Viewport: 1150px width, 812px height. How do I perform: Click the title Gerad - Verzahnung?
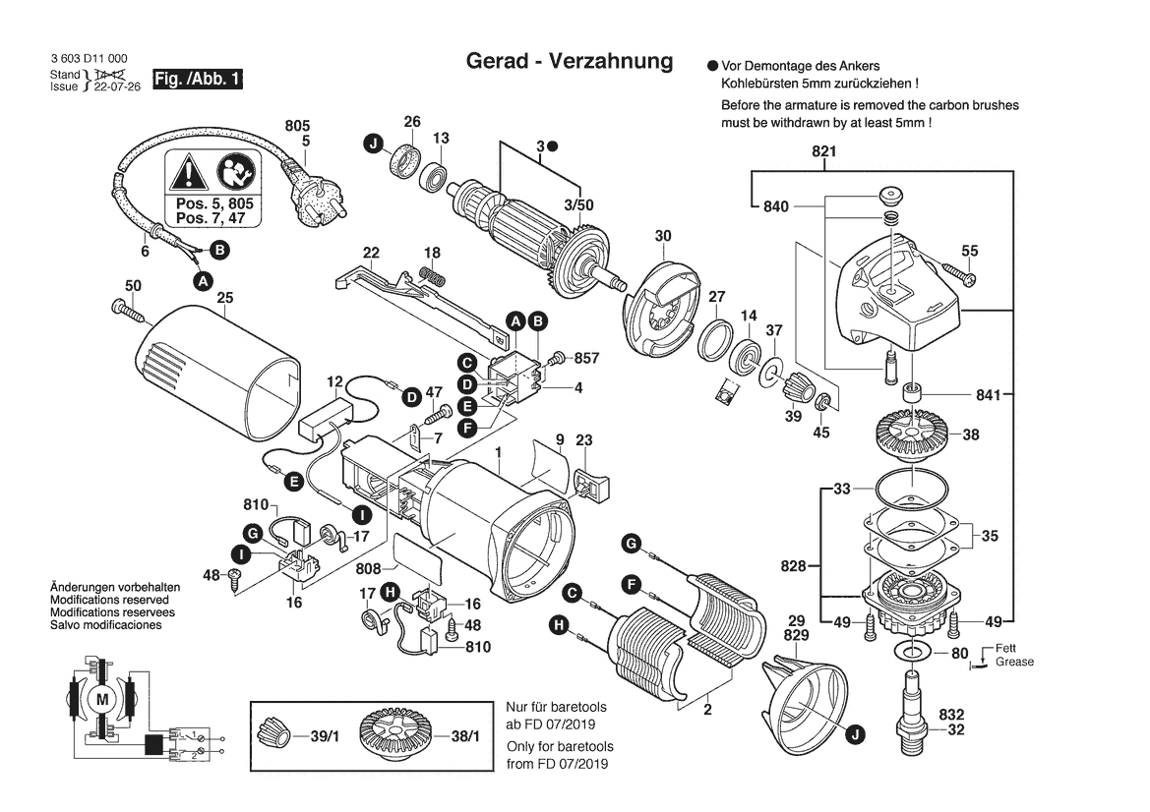point(569,62)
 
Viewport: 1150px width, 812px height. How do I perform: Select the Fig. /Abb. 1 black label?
point(198,79)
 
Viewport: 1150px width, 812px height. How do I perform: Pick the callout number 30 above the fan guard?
point(663,236)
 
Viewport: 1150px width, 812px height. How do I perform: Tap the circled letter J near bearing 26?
point(373,145)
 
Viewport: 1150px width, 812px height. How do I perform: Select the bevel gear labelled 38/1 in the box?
point(399,733)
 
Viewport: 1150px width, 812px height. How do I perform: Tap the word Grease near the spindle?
point(1014,662)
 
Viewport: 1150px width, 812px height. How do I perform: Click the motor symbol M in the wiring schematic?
point(102,699)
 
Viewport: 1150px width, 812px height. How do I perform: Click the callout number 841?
point(988,395)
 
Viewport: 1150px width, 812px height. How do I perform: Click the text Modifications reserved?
point(109,600)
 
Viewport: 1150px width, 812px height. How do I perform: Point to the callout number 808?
point(369,568)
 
